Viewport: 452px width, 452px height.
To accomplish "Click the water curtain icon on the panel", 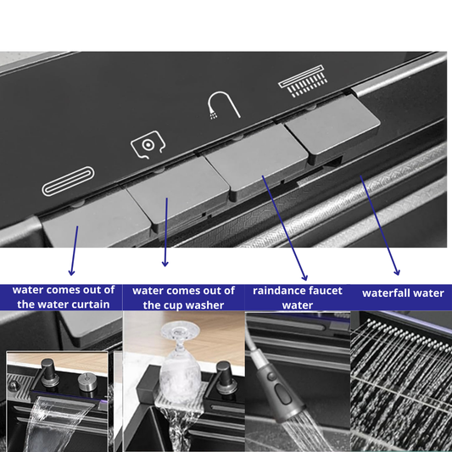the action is [69, 181].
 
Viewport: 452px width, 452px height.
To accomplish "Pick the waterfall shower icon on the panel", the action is [303, 81].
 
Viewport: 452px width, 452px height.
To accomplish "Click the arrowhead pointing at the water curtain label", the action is [71, 272].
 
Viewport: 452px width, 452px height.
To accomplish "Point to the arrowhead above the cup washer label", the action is [165, 263].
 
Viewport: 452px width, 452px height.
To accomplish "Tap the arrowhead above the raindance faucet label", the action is [304, 277].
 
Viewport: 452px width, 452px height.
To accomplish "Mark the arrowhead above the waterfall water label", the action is [397, 272].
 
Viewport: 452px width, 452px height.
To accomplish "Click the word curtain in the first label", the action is [92, 304].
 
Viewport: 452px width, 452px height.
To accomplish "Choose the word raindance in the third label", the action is [276, 291].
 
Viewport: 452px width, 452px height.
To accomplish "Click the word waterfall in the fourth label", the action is [385, 293].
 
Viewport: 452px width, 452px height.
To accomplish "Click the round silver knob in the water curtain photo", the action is [87, 382].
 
